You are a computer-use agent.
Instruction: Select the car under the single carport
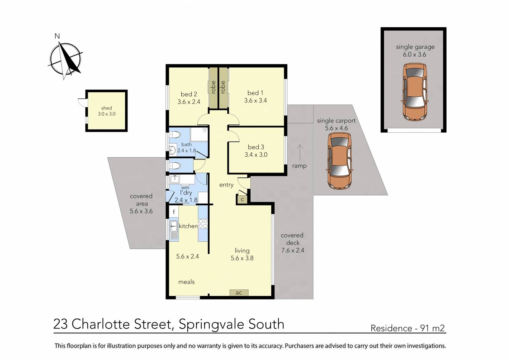[339, 161]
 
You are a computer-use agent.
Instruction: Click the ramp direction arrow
[300, 153]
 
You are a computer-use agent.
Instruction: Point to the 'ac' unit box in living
[239, 293]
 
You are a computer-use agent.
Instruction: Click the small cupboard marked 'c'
[242, 200]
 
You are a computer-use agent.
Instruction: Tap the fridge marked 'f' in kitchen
[174, 212]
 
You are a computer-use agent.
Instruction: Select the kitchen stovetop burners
[203, 224]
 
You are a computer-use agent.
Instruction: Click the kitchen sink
[174, 226]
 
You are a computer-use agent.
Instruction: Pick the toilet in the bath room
[175, 135]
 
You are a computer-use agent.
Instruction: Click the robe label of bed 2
[213, 87]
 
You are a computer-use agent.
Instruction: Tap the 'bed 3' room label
[256, 147]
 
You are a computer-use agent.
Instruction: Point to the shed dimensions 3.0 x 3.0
[107, 114]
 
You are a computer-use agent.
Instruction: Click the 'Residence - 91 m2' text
[408, 328]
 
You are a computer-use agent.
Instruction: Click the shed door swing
[82, 102]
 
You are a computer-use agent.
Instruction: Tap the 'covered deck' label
[292, 239]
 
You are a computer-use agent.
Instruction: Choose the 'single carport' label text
[336, 121]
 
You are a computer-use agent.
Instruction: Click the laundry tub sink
[175, 179]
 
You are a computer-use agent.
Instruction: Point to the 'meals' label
[186, 282]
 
